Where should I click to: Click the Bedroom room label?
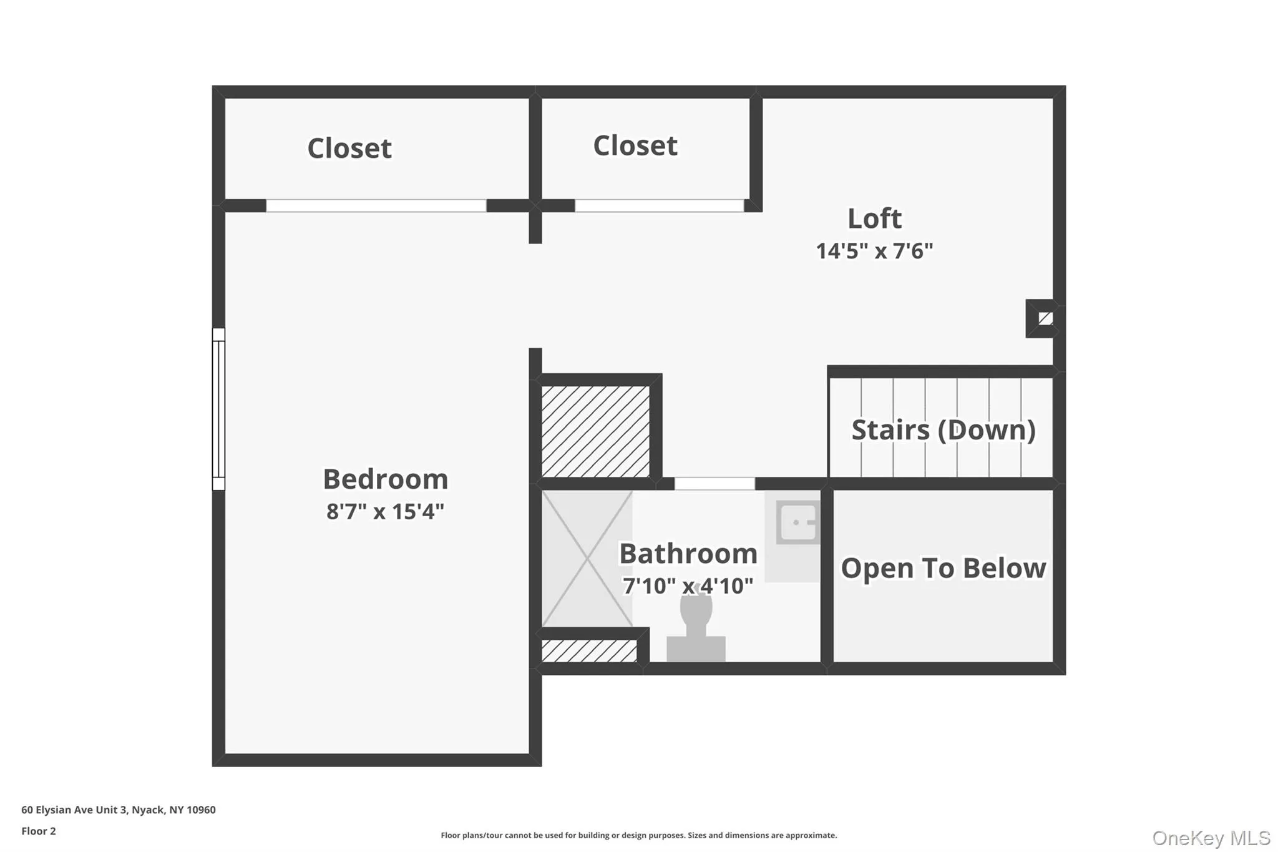[385, 479]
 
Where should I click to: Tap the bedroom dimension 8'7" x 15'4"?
[385, 512]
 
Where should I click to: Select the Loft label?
[874, 218]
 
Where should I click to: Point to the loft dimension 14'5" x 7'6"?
[874, 251]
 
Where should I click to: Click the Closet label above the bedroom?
[349, 149]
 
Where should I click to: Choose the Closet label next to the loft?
[635, 146]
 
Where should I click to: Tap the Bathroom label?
[688, 554]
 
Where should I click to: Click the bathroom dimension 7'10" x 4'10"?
[688, 586]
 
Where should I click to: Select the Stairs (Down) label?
[943, 430]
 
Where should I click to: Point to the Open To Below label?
[943, 569]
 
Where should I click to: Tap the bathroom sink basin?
[798, 522]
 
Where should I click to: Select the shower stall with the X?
[587, 558]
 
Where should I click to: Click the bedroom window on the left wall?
[218, 409]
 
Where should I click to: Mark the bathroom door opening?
[715, 484]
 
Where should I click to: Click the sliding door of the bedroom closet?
[376, 205]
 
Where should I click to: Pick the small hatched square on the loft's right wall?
[1045, 318]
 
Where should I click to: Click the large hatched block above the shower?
[595, 431]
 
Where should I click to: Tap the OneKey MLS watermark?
[1211, 838]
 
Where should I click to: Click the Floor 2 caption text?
[39, 831]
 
